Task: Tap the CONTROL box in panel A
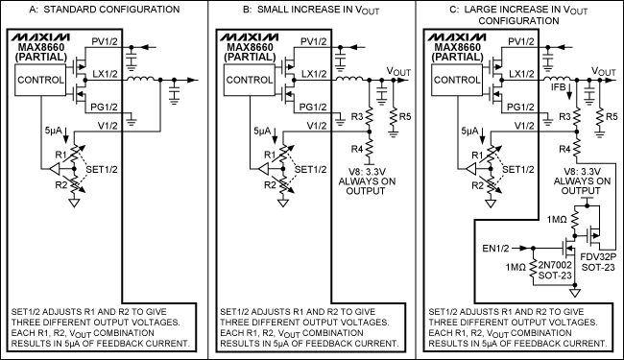click(40, 81)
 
